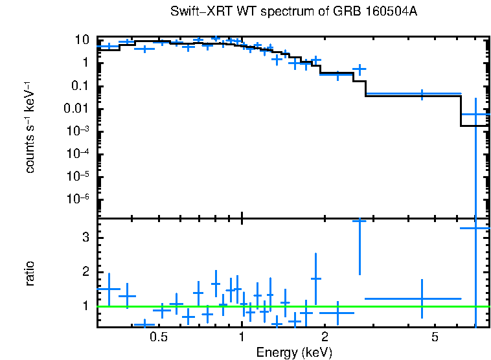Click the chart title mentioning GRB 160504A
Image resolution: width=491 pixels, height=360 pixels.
coord(297,12)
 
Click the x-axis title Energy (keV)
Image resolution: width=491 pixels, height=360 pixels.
coord(294,352)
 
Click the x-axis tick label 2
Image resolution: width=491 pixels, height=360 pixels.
coord(325,337)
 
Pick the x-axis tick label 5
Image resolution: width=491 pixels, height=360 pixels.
coord(435,337)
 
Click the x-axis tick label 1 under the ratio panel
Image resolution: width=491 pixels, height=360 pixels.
coord(242,337)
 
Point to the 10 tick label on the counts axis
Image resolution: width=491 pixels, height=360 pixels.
coord(81,40)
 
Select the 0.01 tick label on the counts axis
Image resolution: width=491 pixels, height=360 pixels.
coord(78,109)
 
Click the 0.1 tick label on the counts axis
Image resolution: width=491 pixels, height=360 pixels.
coord(80,86)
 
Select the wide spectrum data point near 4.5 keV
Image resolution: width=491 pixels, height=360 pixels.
coord(422,95)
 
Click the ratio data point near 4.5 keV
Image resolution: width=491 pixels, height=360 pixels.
coord(422,299)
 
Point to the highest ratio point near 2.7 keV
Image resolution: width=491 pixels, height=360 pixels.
coord(360,221)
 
